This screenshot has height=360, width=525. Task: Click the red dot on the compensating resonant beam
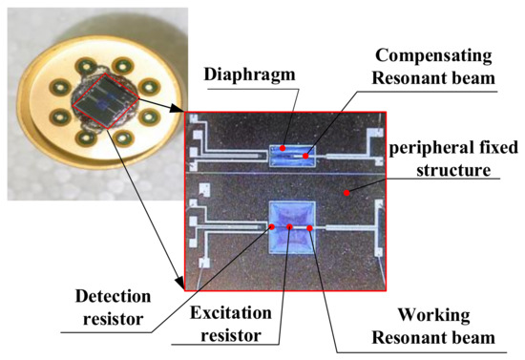pos(306,155)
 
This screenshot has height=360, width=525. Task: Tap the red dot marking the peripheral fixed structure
pos(347,193)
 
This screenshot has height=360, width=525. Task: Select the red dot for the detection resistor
pos(272,227)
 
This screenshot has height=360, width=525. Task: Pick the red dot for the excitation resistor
pos(290,228)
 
